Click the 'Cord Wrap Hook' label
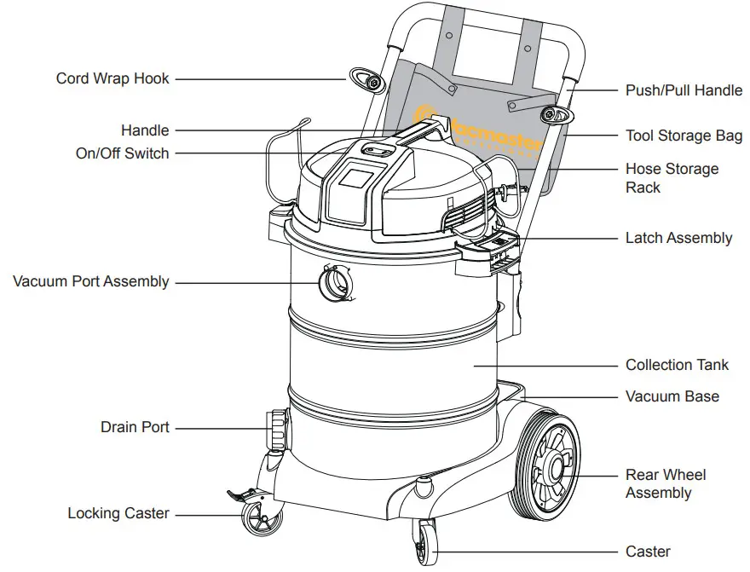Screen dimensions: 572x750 [x=112, y=78]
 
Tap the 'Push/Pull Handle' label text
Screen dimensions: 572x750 [x=684, y=90]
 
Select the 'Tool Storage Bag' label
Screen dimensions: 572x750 [x=684, y=136]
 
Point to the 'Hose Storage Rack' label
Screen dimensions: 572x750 [x=672, y=178]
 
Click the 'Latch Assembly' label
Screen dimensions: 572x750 [x=678, y=238]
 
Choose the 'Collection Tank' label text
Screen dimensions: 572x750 [x=677, y=365]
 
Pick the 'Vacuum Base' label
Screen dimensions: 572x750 [x=672, y=396]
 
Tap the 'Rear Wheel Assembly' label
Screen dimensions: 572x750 [x=666, y=484]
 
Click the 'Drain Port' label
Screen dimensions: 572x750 [x=135, y=427]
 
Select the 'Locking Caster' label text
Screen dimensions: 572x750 [x=118, y=513]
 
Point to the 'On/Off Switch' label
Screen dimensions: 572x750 [x=123, y=153]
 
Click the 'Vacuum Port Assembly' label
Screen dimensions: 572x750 [x=91, y=281]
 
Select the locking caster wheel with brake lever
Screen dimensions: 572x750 [x=255, y=518]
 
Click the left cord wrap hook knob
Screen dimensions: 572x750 [x=372, y=81]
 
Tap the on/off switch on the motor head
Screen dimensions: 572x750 [x=372, y=150]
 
